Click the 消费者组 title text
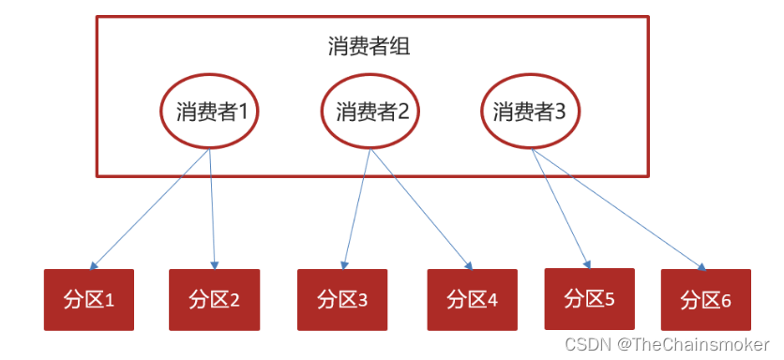pyautogui.click(x=369, y=47)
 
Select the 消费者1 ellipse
pyautogui.click(x=211, y=112)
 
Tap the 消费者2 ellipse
pyautogui.click(x=371, y=112)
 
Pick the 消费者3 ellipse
pyautogui.click(x=529, y=112)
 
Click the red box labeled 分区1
pyautogui.click(x=89, y=300)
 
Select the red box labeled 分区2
pyautogui.click(x=214, y=300)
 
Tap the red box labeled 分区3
pyautogui.click(x=342, y=300)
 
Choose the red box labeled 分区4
pyautogui.click(x=472, y=300)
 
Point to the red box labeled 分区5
pyautogui.click(x=589, y=299)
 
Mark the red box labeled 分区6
pyautogui.click(x=705, y=300)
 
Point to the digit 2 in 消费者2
pyautogui.click(x=403, y=112)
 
